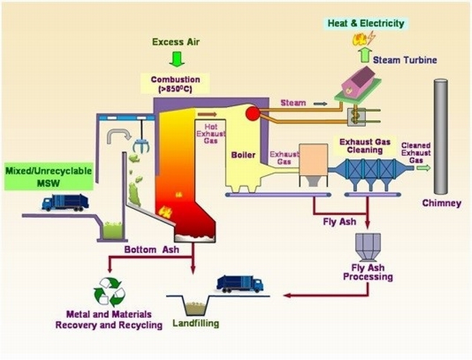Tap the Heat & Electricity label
[x=366, y=23]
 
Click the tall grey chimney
[x=440, y=136]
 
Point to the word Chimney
[x=441, y=203]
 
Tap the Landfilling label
[x=196, y=323]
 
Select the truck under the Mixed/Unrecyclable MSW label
[x=65, y=203]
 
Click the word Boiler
[x=243, y=155]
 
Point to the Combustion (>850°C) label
[x=176, y=83]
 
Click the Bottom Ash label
[x=150, y=250]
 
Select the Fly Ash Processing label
[x=368, y=272]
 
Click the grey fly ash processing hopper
[x=368, y=246]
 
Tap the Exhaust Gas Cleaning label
[x=367, y=146]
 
